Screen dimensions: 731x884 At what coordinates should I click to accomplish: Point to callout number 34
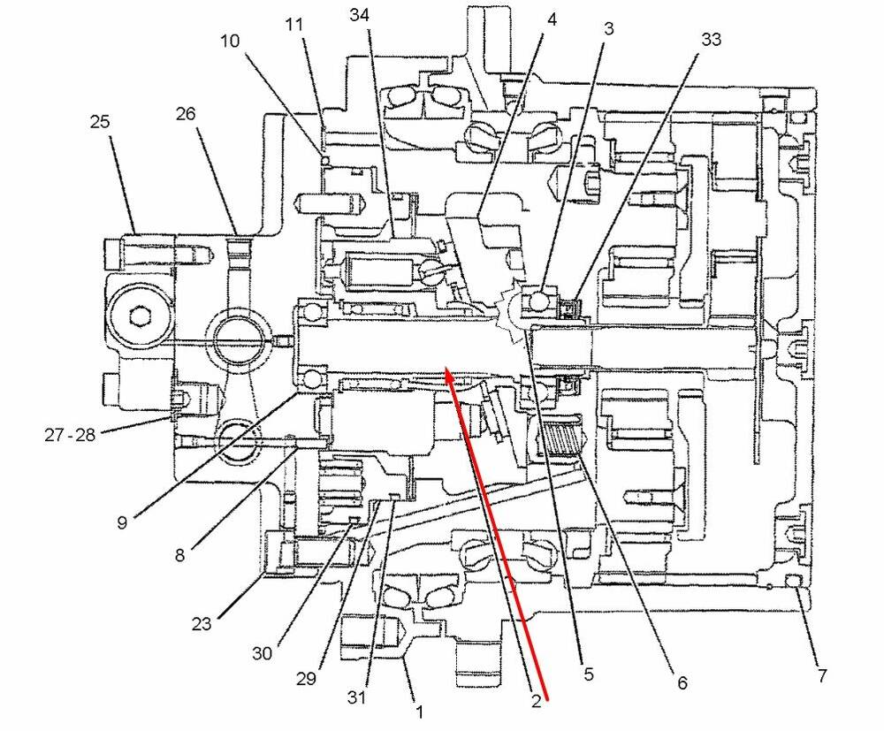(360, 15)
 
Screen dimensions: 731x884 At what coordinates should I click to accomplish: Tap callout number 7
(821, 676)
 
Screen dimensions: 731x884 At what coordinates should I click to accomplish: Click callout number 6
(681, 683)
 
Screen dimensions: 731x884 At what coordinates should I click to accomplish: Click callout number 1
(420, 710)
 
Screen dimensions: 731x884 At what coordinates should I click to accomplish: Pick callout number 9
(120, 522)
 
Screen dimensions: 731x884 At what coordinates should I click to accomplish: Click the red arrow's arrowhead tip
(447, 371)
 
